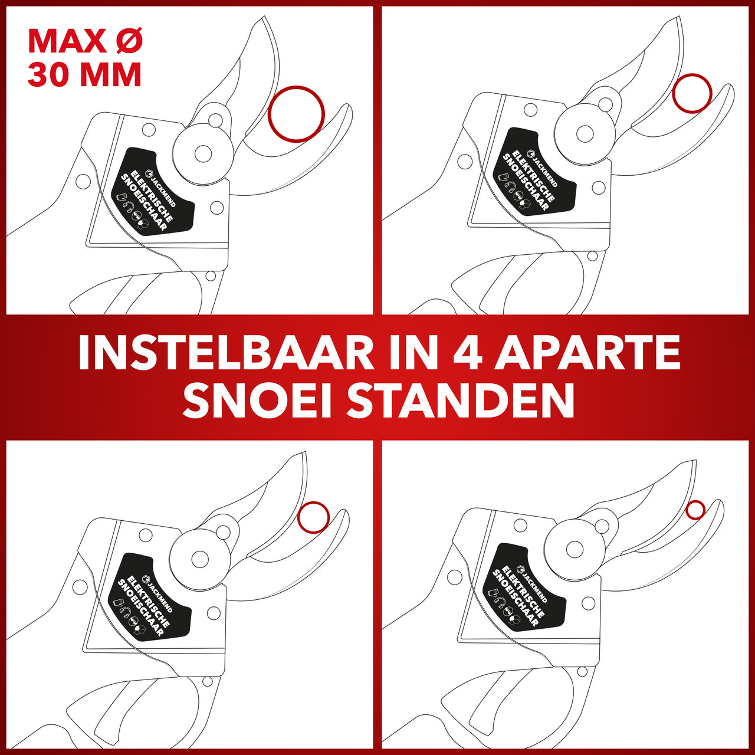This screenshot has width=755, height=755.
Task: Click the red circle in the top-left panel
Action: pyautogui.click(x=269, y=114)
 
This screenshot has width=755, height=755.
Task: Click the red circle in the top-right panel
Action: pyautogui.click(x=674, y=93)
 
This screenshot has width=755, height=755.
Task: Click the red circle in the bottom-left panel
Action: pyautogui.click(x=298, y=517)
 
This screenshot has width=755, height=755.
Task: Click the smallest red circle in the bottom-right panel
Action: pyautogui.click(x=687, y=510)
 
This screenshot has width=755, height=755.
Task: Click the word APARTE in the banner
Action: pyautogui.click(x=586, y=353)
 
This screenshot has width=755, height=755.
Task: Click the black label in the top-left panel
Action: pyautogui.click(x=153, y=191)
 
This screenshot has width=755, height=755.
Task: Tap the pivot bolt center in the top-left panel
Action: pyautogui.click(x=203, y=153)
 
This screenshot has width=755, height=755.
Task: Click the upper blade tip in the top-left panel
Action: pyautogui.click(x=265, y=17)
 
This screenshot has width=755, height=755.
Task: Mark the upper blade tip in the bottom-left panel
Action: pyautogui.click(x=304, y=452)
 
